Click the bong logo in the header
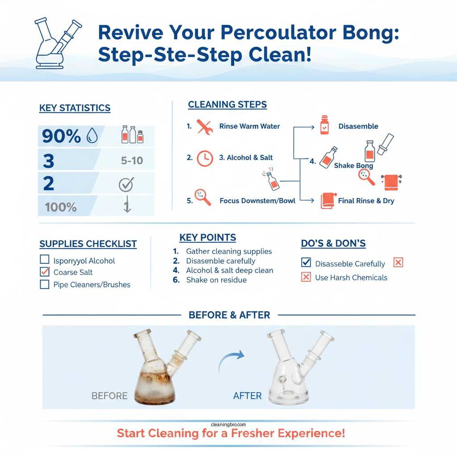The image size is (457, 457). pyautogui.click(x=57, y=43)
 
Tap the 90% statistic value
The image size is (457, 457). pyautogui.click(x=61, y=136)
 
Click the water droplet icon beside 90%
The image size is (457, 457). pyautogui.click(x=92, y=136)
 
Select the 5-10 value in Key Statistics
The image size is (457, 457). pyautogui.click(x=132, y=160)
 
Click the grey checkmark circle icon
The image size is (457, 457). pyautogui.click(x=126, y=184)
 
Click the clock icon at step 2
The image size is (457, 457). pyautogui.click(x=205, y=158)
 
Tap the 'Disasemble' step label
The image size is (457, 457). pyautogui.click(x=358, y=126)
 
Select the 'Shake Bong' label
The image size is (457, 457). pyautogui.click(x=353, y=166)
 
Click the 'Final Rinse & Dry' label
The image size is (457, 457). pyautogui.click(x=366, y=201)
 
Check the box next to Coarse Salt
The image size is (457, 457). pyautogui.click(x=45, y=272)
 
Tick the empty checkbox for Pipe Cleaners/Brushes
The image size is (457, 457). pyautogui.click(x=45, y=284)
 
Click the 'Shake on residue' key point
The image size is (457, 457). pyautogui.click(x=216, y=280)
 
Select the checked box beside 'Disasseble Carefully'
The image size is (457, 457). pyautogui.click(x=306, y=263)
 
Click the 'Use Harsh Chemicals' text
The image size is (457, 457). pyautogui.click(x=351, y=278)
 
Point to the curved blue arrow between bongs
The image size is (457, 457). pyautogui.click(x=232, y=360)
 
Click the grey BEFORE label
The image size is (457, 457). pyautogui.click(x=109, y=396)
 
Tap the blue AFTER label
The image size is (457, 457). pyautogui.click(x=247, y=396)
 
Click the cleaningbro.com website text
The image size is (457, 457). pyautogui.click(x=228, y=425)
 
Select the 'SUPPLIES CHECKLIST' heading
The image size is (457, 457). pyautogui.click(x=88, y=244)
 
